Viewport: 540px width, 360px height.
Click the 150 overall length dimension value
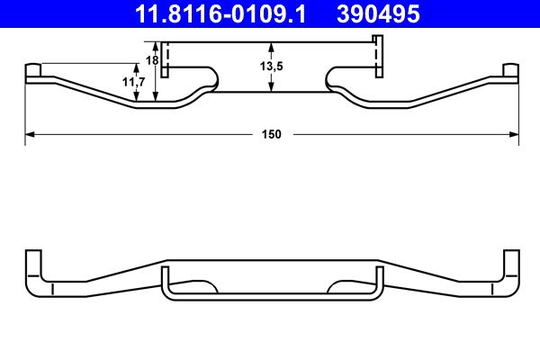pyautogui.click(x=272, y=134)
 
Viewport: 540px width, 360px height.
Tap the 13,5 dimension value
pyautogui.click(x=272, y=66)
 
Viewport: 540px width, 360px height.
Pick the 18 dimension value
pyautogui.click(x=152, y=60)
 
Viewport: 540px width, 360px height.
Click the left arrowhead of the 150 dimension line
pyautogui.click(x=28, y=134)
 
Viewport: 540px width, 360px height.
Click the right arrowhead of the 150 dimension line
pyautogui.click(x=516, y=134)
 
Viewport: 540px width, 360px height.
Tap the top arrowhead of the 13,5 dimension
pyautogui.click(x=272, y=46)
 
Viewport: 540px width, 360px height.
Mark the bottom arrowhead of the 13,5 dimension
pyautogui.click(x=272, y=87)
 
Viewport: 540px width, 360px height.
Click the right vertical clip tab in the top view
pyautogui.click(x=379, y=58)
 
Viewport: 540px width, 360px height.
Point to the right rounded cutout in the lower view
pyautogui.click(x=341, y=286)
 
